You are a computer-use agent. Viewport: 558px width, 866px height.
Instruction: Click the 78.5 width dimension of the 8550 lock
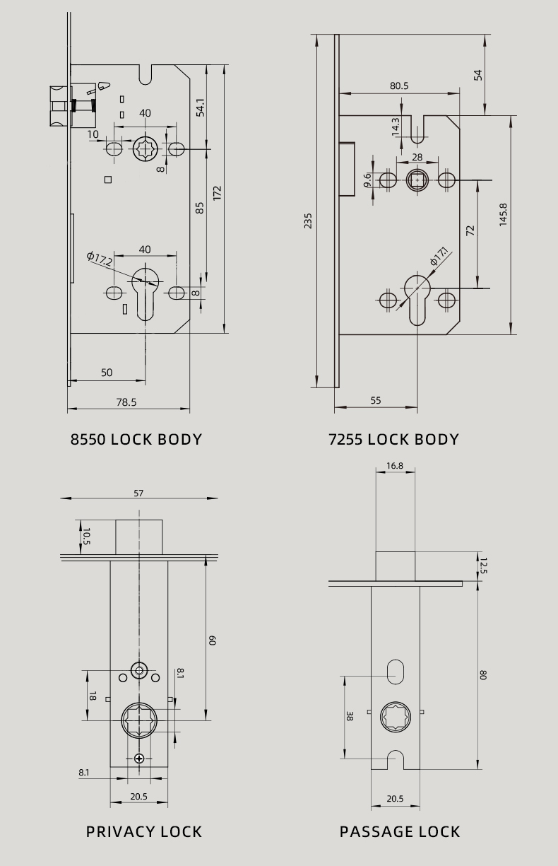tap(126, 402)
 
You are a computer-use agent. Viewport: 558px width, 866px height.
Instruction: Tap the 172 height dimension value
tap(218, 193)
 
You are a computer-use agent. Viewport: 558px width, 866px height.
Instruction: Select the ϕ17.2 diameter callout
tap(100, 259)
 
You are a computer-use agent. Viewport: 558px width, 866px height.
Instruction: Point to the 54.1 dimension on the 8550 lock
tap(201, 107)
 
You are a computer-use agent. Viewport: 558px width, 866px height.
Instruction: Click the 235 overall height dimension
tap(308, 221)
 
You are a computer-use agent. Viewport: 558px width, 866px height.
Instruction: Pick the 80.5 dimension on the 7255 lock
tap(399, 86)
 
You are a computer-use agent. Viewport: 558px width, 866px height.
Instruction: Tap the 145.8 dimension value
tap(503, 215)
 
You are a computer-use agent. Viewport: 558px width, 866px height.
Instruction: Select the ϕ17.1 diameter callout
tap(440, 256)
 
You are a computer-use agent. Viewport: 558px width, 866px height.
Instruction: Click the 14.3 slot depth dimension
tap(396, 127)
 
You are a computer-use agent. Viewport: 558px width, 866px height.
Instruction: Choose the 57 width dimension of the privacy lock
tap(138, 493)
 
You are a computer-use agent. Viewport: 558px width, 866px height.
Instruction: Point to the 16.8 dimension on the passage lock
tap(395, 466)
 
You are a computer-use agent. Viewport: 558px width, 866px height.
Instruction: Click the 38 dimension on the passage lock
tap(350, 715)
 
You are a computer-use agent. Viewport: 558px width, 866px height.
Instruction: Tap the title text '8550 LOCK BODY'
tap(136, 440)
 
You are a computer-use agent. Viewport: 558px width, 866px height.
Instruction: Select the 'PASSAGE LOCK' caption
tap(400, 831)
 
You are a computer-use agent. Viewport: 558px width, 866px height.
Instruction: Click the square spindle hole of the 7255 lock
tap(417, 180)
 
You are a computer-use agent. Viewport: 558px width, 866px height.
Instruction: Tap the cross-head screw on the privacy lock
tap(139, 759)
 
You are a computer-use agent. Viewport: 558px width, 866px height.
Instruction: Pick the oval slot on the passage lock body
tap(395, 672)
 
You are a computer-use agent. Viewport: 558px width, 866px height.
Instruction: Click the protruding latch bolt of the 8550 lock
tap(60, 106)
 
